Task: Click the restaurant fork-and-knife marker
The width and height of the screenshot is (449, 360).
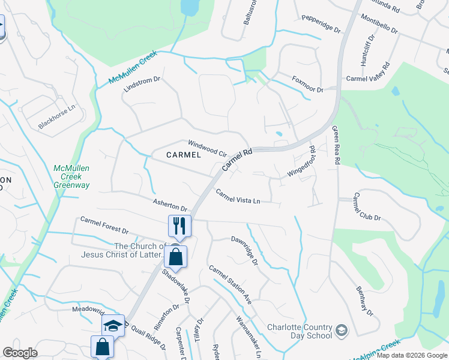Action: [x=179, y=226]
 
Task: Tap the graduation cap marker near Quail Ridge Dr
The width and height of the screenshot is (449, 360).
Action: [x=113, y=326]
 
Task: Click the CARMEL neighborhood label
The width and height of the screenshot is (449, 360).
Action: [x=184, y=155]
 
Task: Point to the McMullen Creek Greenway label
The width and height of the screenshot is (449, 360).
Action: [x=71, y=177]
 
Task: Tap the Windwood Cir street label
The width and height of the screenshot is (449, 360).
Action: [x=207, y=148]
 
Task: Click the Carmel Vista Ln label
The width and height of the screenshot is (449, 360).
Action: [x=238, y=196]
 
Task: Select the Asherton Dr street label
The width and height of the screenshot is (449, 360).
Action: [x=170, y=205]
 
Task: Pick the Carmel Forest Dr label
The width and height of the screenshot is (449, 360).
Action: [x=104, y=226]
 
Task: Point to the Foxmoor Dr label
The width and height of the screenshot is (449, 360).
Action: [x=307, y=85]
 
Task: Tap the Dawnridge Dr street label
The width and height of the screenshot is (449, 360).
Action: [x=245, y=250]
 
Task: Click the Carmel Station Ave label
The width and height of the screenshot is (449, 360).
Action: [x=230, y=282]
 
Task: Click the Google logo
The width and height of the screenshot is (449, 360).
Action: [x=20, y=353]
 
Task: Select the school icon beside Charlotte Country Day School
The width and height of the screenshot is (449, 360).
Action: [x=341, y=331]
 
